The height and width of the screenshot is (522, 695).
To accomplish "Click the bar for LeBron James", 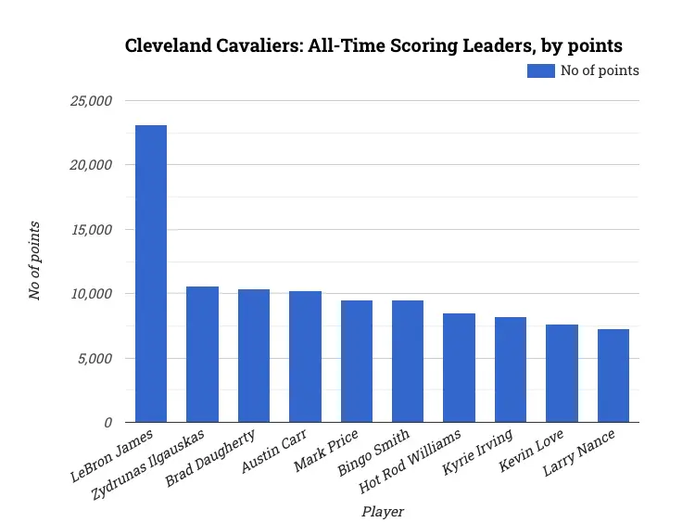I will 151,274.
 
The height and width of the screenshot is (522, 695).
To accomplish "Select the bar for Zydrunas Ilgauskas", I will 202,354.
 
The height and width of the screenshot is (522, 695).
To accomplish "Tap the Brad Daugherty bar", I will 254,356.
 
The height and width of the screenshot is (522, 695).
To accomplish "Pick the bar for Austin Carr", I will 305,357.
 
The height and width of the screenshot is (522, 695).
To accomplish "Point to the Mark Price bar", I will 357,362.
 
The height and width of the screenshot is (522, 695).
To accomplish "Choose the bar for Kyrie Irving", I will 511,370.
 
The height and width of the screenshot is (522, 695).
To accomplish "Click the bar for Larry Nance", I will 613,376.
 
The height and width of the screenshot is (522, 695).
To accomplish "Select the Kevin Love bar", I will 562,374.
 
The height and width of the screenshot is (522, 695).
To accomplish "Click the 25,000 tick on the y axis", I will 91,101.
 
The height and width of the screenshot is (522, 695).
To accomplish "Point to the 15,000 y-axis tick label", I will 91,230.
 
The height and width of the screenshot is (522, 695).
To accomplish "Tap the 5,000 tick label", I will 94,359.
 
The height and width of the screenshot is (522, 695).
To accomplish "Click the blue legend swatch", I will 540,70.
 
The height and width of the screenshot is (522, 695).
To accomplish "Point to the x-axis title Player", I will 383,511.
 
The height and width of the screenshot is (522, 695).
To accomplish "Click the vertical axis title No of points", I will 34,261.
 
